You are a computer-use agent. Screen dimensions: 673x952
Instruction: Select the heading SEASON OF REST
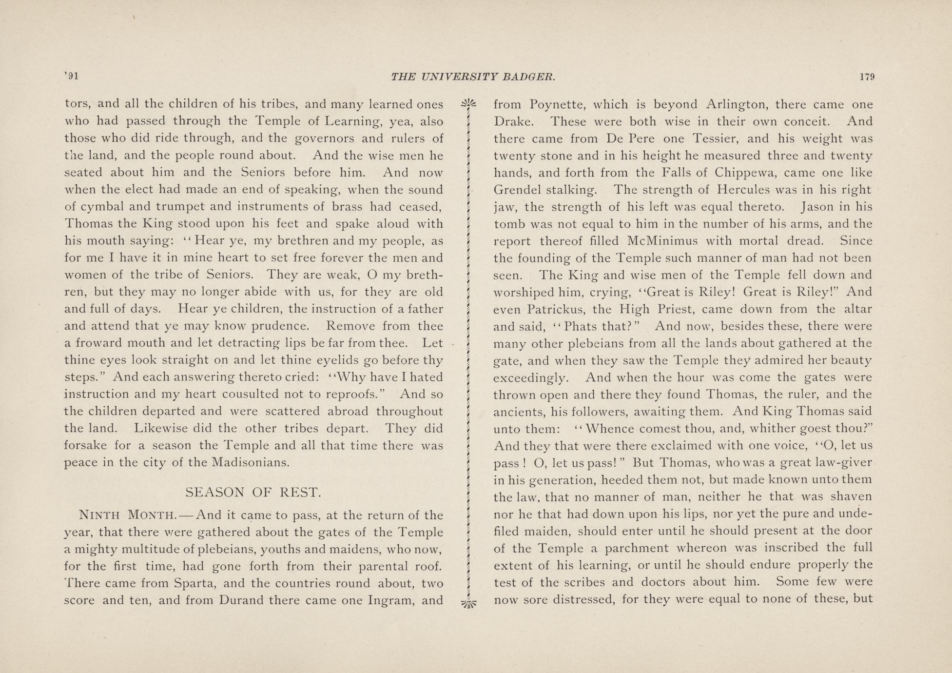click(x=253, y=492)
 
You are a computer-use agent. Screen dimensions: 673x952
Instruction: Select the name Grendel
click(x=517, y=190)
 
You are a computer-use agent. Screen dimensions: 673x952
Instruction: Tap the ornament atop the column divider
click(x=467, y=103)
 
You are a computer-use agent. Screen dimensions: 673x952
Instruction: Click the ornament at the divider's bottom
click(x=467, y=604)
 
